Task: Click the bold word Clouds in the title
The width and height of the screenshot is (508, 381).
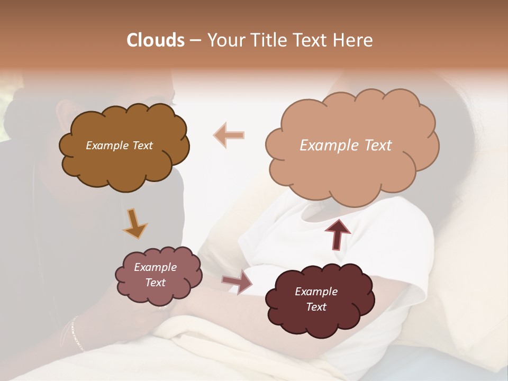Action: (156, 40)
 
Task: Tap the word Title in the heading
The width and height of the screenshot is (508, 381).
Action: (268, 40)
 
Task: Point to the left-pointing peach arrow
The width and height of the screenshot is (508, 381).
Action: (229, 135)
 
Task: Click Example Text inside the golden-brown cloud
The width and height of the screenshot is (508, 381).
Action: (119, 146)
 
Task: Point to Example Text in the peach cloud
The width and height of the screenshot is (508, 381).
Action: (346, 146)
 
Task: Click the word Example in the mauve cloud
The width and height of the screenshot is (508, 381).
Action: (155, 267)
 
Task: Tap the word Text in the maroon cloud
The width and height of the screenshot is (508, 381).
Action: (316, 307)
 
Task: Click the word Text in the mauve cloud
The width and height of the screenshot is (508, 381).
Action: (155, 283)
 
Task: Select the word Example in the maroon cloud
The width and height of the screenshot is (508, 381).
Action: (316, 292)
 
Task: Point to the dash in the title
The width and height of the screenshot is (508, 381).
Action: (195, 41)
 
